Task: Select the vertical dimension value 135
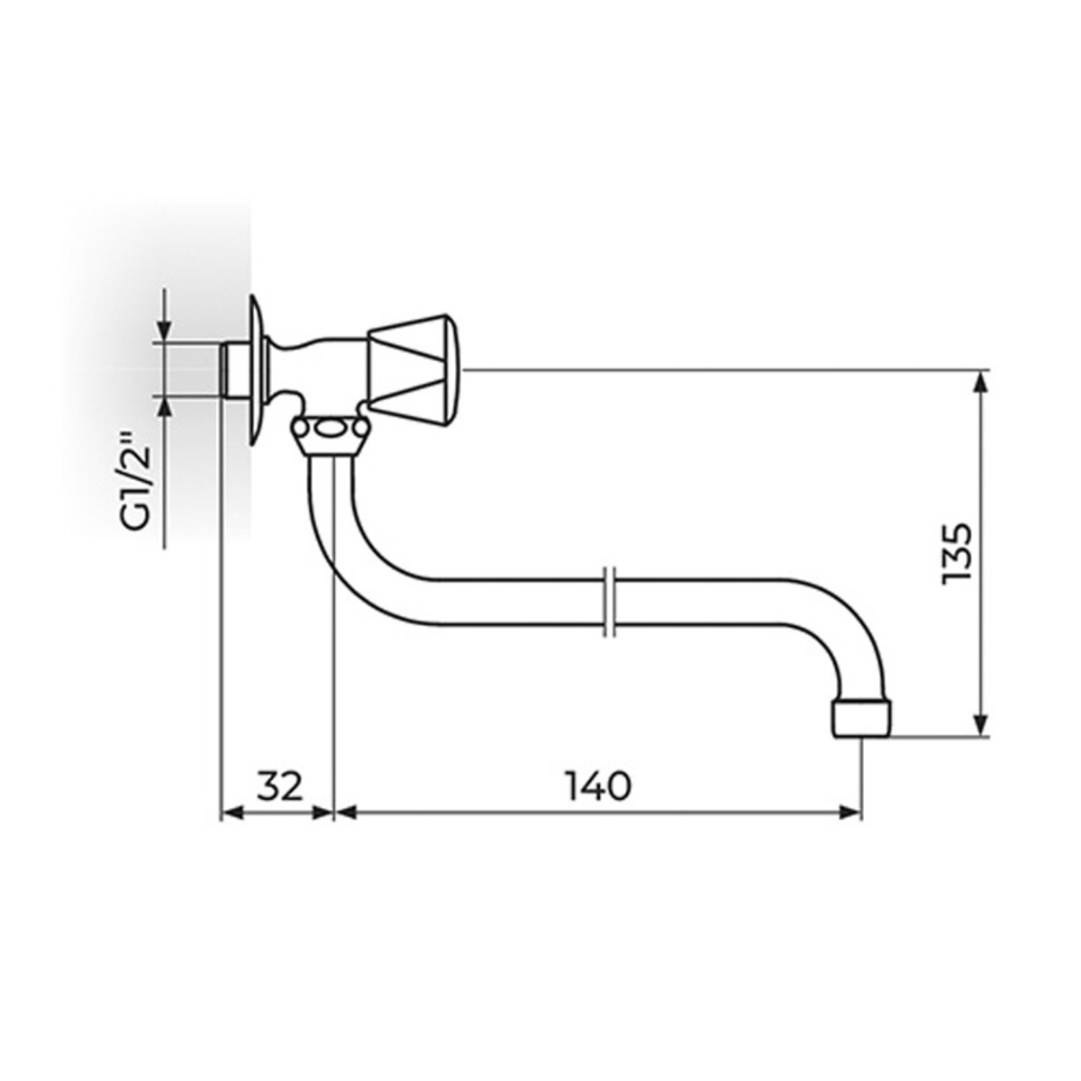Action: click(956, 554)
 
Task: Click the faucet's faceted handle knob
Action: click(414, 368)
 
